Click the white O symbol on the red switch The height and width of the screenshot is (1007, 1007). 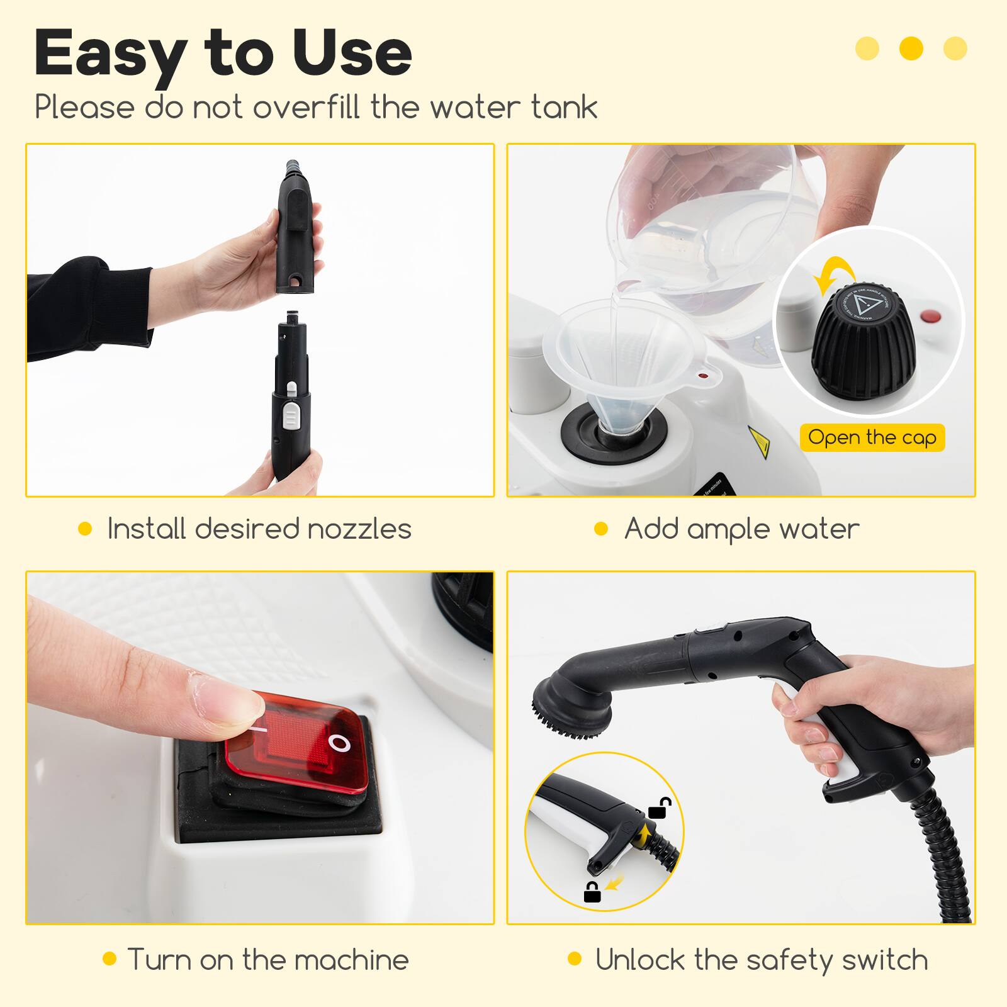(340, 744)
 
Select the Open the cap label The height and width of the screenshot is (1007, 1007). (872, 437)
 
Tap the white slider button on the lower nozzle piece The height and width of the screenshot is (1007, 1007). (291, 415)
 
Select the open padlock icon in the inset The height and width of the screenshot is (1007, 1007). (660, 807)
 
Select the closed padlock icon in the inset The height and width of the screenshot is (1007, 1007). (592, 892)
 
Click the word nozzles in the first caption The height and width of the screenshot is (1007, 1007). (359, 529)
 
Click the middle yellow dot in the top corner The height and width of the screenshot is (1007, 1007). (911, 48)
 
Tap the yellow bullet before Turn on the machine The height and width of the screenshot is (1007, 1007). (110, 959)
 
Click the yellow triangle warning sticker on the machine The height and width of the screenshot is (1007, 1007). (758, 442)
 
